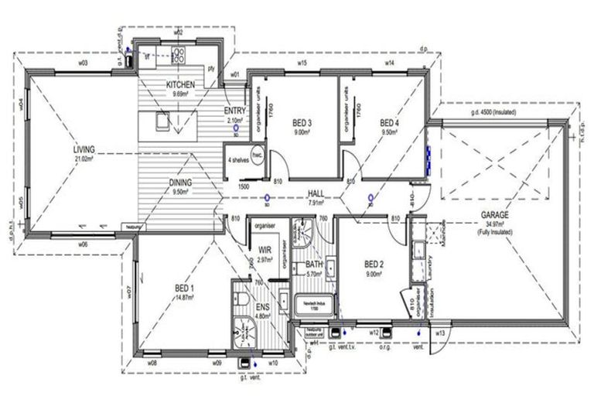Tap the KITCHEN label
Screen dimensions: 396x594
[x=180, y=85]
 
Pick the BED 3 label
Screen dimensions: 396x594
[x=302, y=123]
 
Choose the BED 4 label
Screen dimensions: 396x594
[x=389, y=123]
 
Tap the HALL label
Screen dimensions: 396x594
[x=315, y=194]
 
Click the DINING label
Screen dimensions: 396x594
[x=180, y=183]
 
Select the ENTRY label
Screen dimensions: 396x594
[x=235, y=111]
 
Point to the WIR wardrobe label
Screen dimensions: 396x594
[x=265, y=250]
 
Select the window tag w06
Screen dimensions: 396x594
[x=82, y=244]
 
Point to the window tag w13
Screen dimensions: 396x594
[x=439, y=333]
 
